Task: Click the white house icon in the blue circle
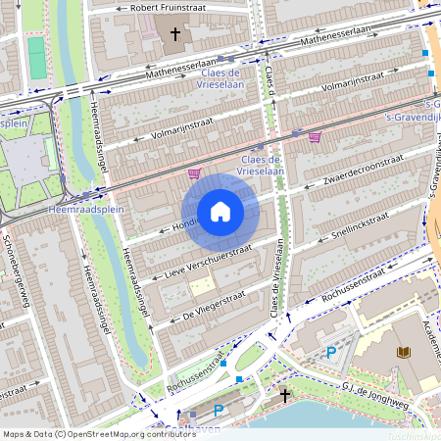point(220,212)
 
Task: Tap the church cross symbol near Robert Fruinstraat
point(175,34)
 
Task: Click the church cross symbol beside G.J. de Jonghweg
point(285,395)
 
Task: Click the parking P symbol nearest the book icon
point(330,352)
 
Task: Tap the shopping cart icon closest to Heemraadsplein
point(194,173)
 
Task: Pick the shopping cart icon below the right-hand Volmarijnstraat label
point(315,137)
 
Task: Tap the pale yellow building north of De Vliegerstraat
point(201,286)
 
